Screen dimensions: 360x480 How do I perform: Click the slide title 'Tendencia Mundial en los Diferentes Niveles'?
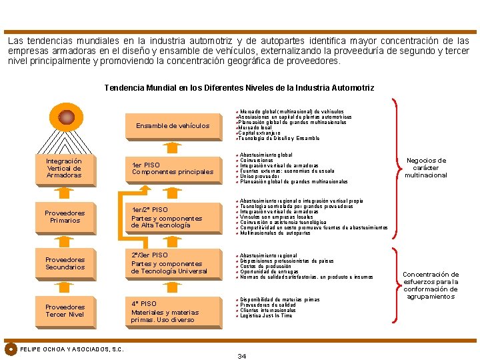[x=239, y=88]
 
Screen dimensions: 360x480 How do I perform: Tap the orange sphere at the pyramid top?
[x=67, y=117]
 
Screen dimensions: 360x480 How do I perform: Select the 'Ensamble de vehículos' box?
[x=173, y=125]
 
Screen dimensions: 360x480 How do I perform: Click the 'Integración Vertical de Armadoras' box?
[x=65, y=168]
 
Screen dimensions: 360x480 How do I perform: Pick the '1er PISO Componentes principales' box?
[x=173, y=168]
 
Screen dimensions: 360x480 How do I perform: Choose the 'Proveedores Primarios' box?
[x=65, y=217]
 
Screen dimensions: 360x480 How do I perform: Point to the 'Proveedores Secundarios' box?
[x=65, y=263]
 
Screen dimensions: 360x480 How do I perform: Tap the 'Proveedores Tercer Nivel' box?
[x=65, y=311]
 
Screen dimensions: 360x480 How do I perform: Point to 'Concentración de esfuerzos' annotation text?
[x=431, y=285]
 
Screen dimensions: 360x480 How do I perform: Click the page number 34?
[x=242, y=356]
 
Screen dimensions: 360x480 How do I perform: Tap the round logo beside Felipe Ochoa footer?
[x=11, y=349]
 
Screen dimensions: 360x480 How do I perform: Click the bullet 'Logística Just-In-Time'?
[x=266, y=316]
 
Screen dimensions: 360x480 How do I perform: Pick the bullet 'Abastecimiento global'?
[x=266, y=155]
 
